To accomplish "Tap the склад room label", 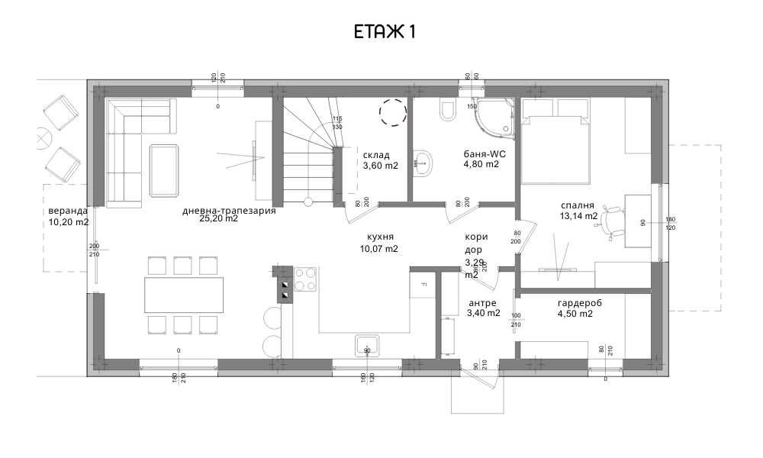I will click(x=376, y=155).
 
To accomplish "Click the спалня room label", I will click(x=576, y=206).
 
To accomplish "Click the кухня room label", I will click(x=378, y=237).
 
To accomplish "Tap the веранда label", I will click(x=68, y=211).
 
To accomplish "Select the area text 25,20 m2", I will click(x=218, y=218).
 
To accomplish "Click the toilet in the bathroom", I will click(x=446, y=112).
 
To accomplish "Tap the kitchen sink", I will click(x=368, y=345).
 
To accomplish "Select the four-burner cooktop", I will click(x=305, y=279).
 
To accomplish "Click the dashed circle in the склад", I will click(x=394, y=113).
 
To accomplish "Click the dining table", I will click(x=184, y=295).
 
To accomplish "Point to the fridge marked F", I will click(x=421, y=286).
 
